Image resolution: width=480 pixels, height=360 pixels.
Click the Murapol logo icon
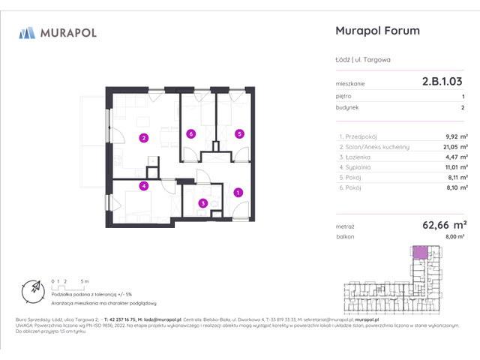click(x=28, y=32)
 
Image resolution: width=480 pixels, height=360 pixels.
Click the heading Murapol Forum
click(x=375, y=31)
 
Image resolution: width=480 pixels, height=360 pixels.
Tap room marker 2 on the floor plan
click(x=143, y=137)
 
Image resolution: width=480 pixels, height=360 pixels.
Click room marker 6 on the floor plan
click(x=191, y=134)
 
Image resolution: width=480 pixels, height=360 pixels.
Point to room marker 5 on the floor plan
click(x=238, y=134)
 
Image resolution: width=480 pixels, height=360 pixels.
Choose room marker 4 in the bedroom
click(x=143, y=186)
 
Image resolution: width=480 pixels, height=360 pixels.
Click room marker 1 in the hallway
click(x=238, y=193)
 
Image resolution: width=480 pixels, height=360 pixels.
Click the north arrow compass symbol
click(x=32, y=287)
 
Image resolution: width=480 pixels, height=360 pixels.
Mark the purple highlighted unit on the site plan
click(x=421, y=253)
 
